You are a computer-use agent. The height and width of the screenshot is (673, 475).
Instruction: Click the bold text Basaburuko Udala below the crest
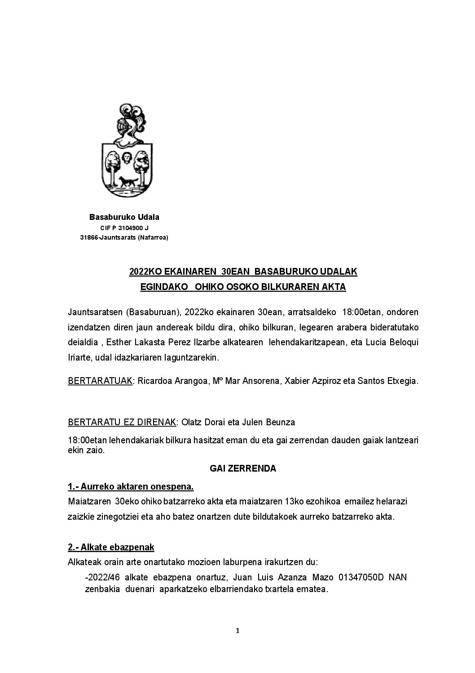124,217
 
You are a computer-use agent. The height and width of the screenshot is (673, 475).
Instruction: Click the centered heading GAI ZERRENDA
243,468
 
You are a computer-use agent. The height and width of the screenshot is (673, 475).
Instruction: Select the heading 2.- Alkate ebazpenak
111,547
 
